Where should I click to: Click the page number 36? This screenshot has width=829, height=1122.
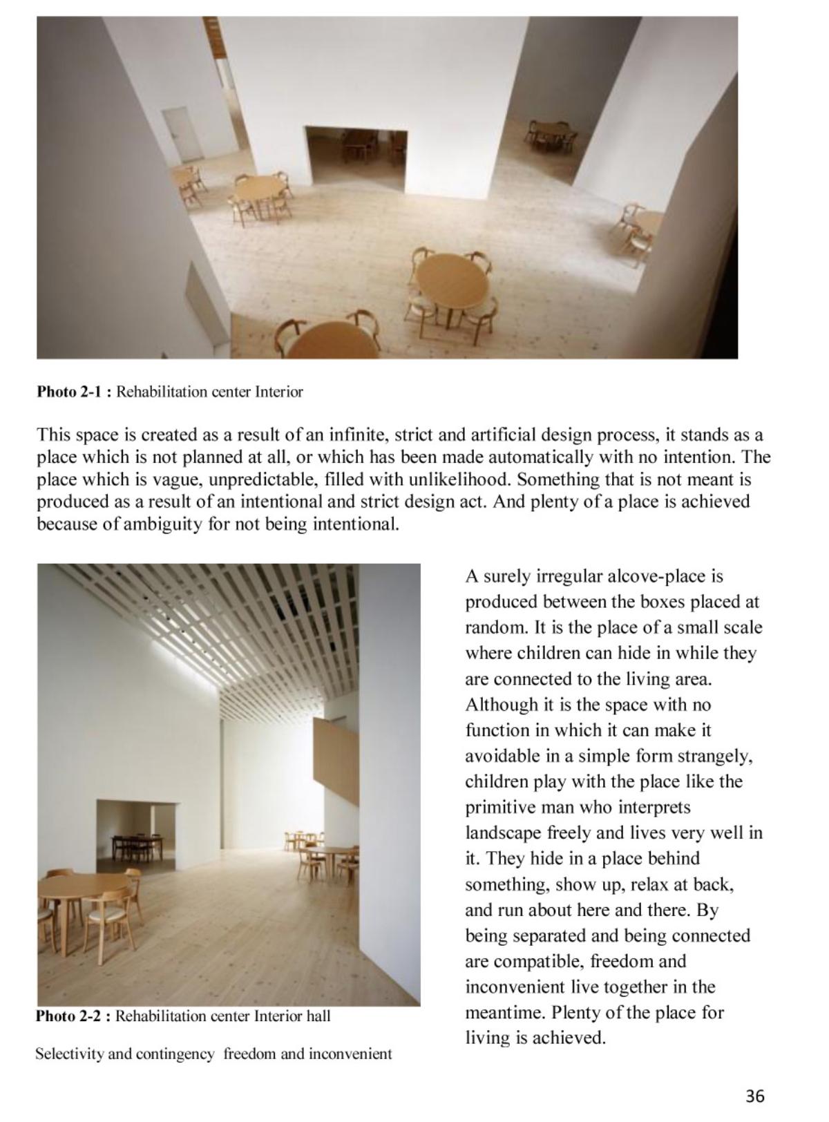click(754, 1096)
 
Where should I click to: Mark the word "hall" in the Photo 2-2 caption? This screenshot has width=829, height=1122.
click(317, 1016)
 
